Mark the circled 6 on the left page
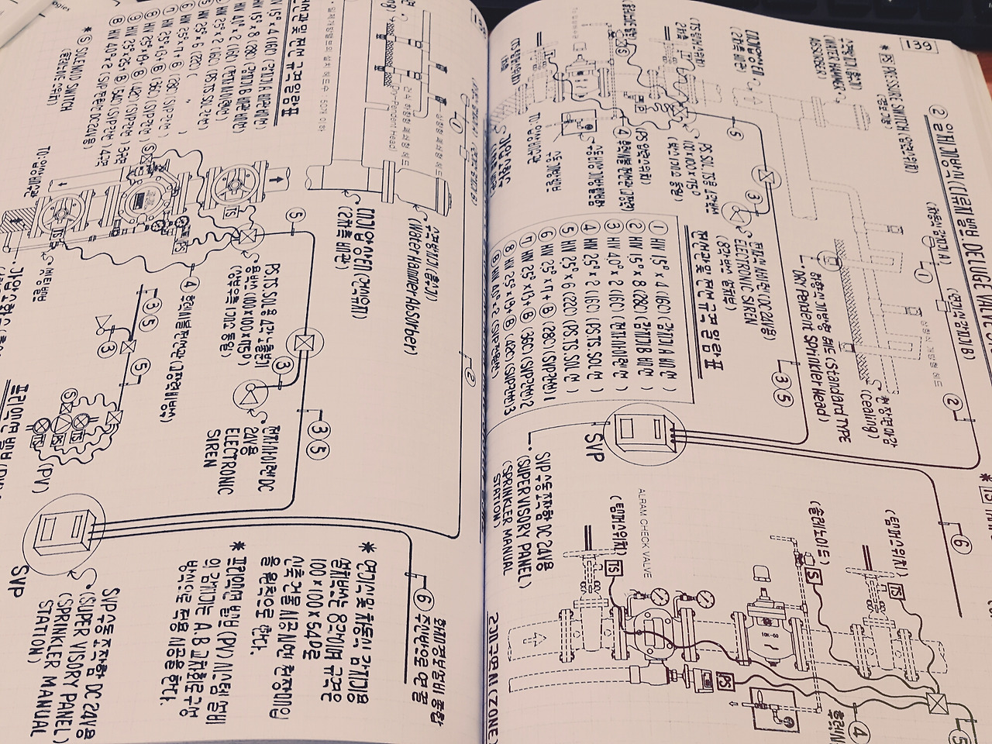click(424, 598)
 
